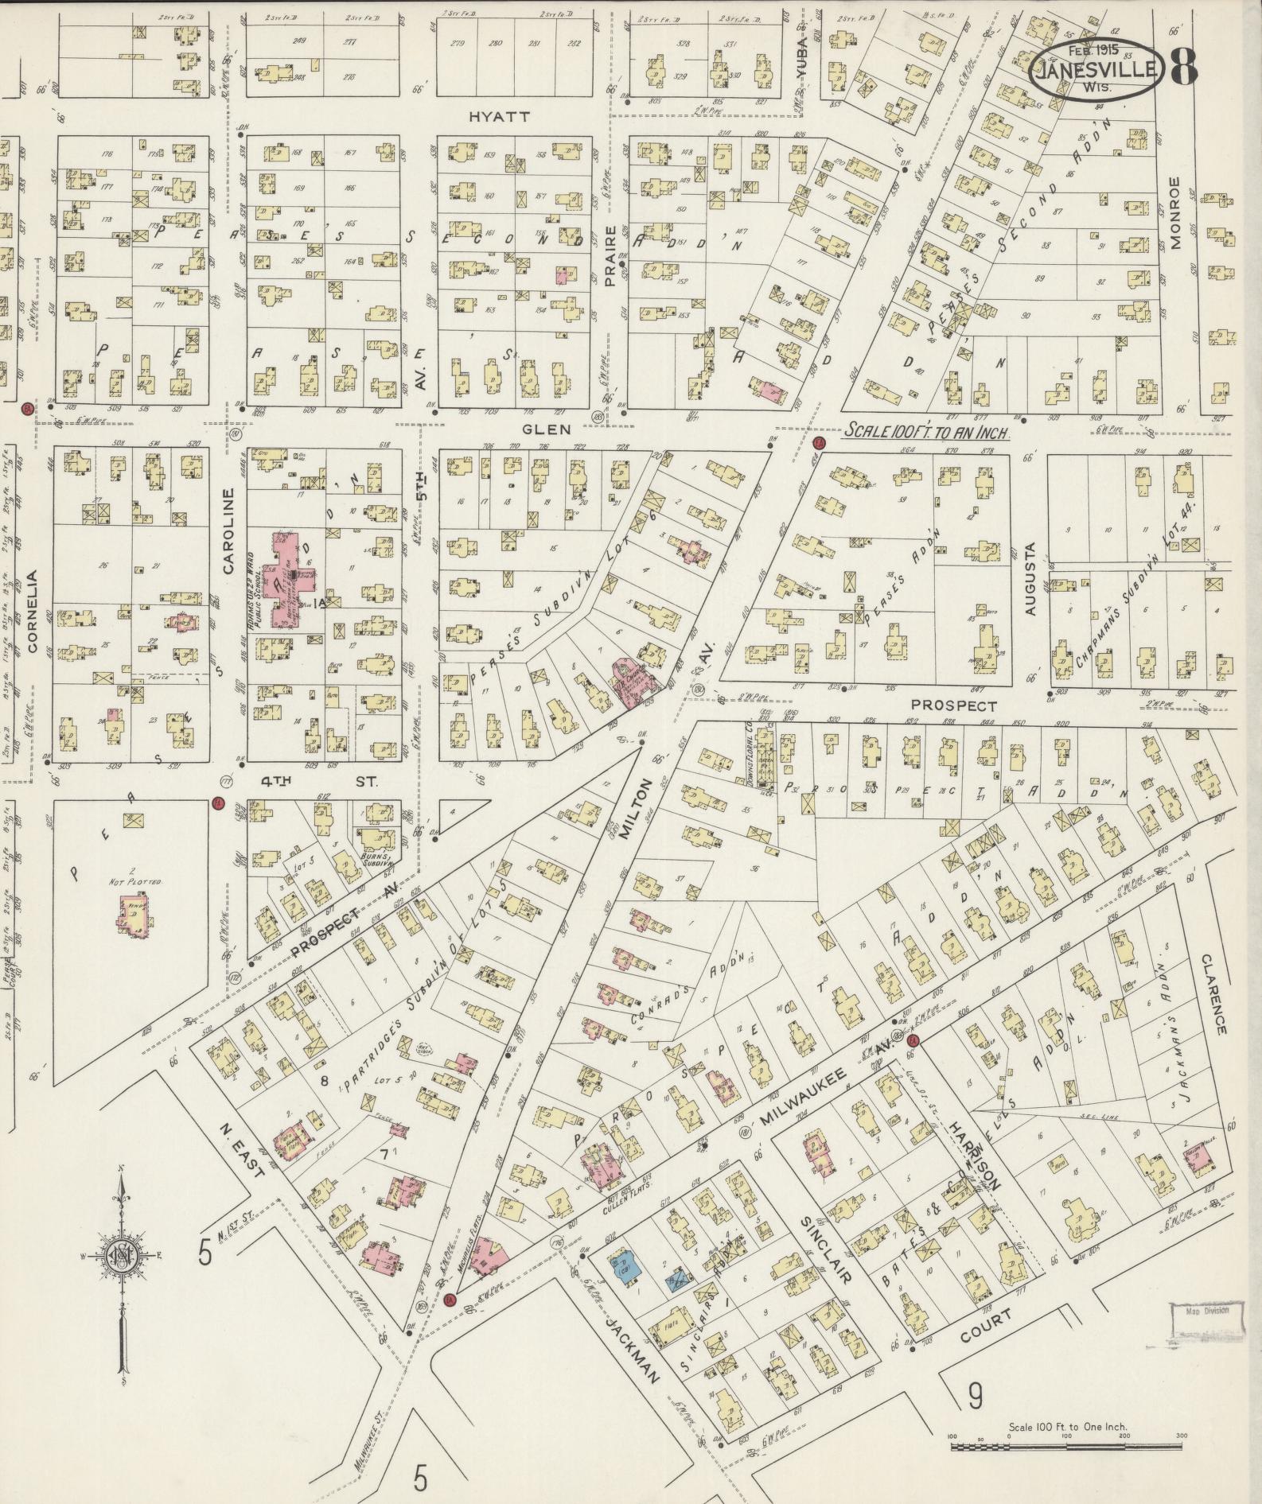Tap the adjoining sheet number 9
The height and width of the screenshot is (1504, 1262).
pyautogui.click(x=975, y=1395)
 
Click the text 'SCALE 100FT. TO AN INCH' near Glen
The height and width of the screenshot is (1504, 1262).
pyautogui.click(x=926, y=432)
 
